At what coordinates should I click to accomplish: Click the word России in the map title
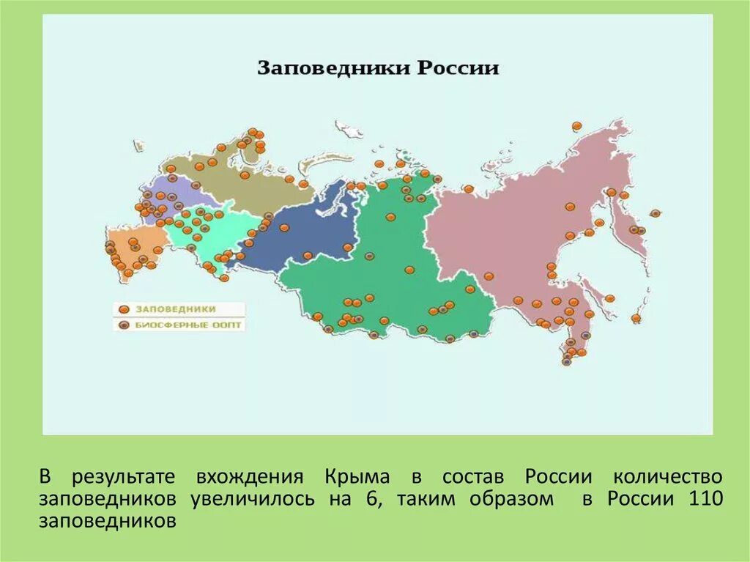458,69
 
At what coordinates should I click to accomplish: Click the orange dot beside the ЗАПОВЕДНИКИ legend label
125,310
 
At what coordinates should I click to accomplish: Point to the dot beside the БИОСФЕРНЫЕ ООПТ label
125,324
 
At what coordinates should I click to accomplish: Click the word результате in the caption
123,477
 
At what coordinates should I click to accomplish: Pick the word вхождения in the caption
249,477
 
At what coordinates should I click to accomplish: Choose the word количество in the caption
667,477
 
